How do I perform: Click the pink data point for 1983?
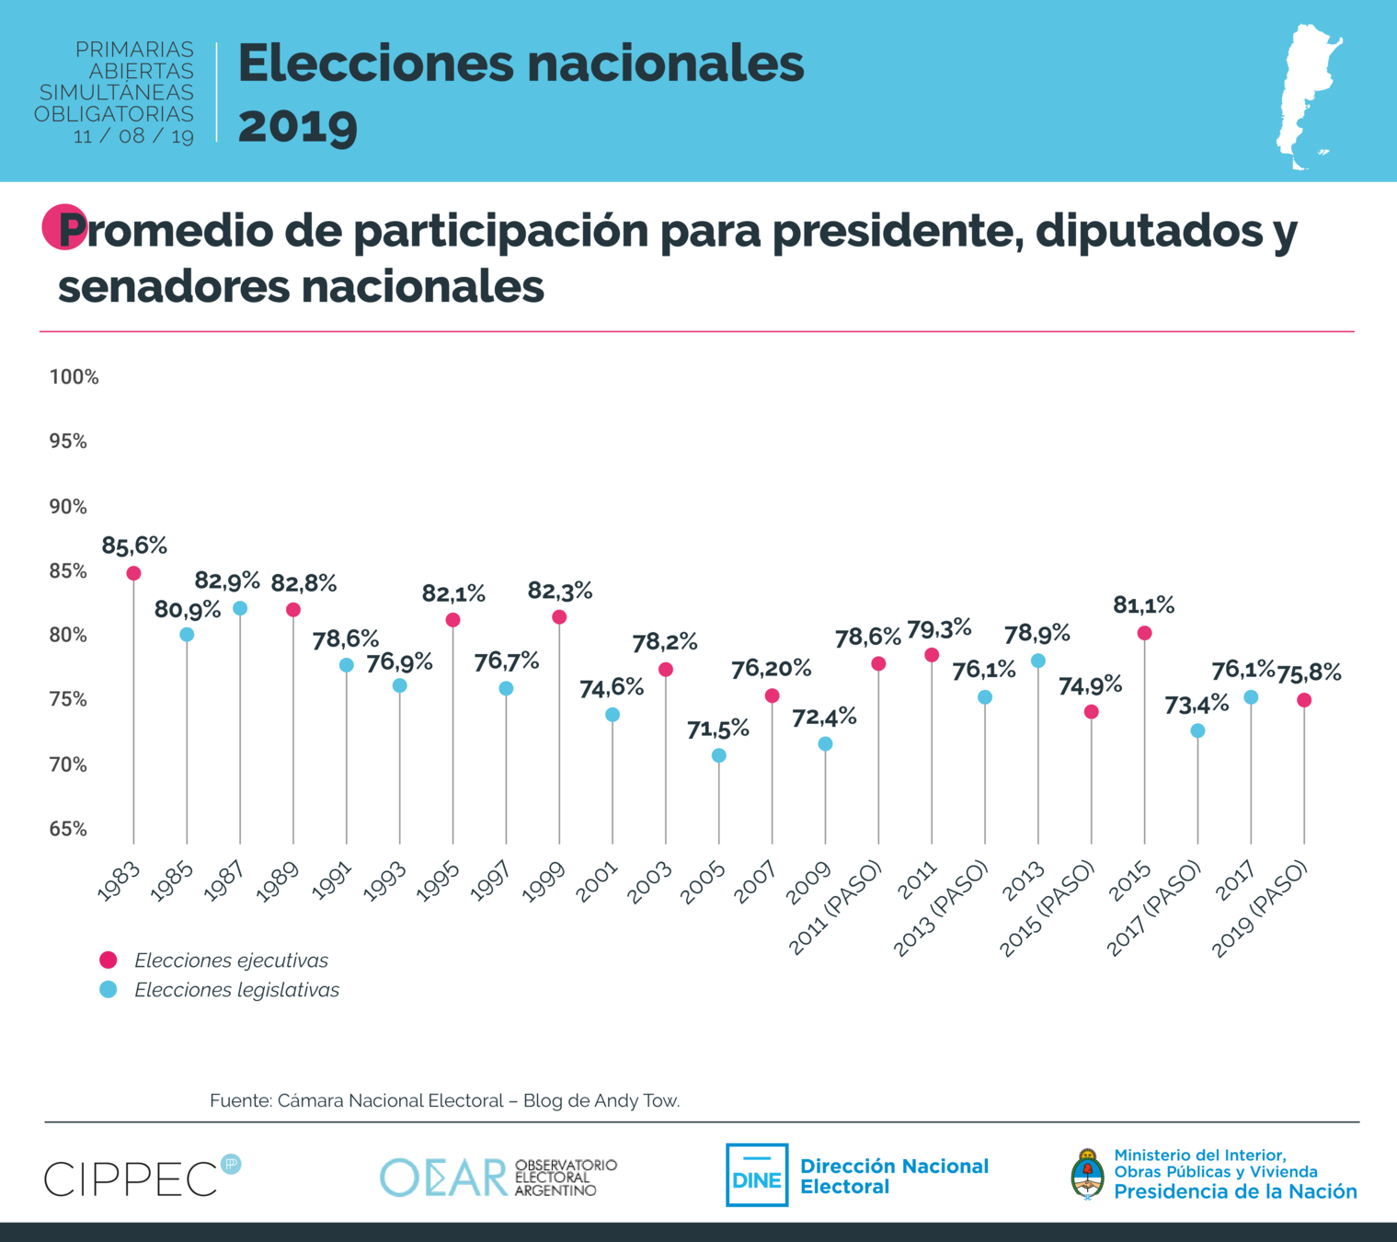[133, 573]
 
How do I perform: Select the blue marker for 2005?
[719, 755]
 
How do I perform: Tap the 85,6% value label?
[134, 546]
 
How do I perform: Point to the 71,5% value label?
[718, 730]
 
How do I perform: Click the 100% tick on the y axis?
[74, 377]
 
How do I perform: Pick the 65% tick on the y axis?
[68, 829]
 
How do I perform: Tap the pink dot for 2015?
[1144, 633]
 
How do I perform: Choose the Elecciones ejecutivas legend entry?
[231, 960]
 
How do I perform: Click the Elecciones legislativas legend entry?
[236, 990]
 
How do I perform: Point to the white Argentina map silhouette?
[1308, 97]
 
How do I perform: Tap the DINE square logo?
[757, 1175]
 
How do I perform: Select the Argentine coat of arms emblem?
[1088, 1174]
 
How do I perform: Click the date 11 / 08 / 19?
[133, 136]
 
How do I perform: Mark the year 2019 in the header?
[297, 125]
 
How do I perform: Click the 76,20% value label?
[771, 670]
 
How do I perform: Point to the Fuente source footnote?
[444, 1100]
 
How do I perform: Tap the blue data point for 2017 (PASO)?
[1197, 730]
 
